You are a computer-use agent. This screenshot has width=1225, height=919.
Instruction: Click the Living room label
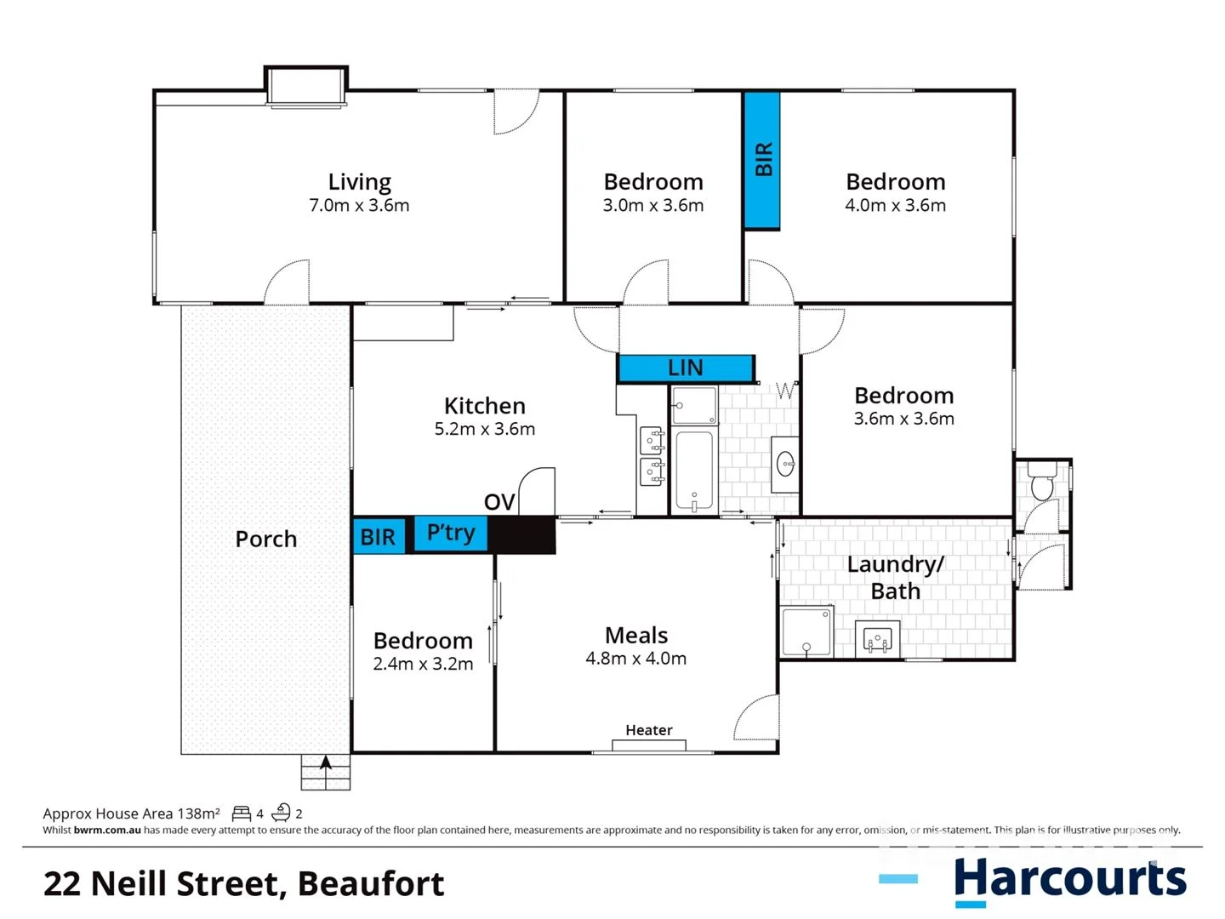[x=359, y=182]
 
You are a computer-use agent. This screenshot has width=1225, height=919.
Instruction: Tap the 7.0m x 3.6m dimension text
[x=359, y=206]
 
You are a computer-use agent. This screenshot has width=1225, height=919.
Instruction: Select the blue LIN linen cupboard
[x=685, y=368]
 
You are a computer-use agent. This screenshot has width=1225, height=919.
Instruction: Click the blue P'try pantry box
[x=450, y=534]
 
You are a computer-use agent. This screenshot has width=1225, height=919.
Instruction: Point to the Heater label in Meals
[x=648, y=730]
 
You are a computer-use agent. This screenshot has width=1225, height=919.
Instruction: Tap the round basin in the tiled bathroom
[x=786, y=465]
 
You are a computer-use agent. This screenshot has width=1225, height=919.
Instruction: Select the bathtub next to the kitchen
[x=694, y=470]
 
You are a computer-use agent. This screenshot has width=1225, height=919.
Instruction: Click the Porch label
[x=265, y=539]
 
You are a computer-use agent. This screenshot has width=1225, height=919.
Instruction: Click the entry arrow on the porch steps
[x=325, y=763]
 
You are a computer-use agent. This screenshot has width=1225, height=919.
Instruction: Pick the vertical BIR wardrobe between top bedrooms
[x=763, y=160]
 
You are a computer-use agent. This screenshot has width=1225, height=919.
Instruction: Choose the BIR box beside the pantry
[x=378, y=537]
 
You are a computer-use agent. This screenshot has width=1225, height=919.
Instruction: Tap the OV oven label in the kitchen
[x=499, y=502]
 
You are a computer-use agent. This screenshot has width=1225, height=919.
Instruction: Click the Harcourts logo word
[x=1069, y=879]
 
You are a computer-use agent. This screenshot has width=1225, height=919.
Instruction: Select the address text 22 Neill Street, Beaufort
[x=243, y=884]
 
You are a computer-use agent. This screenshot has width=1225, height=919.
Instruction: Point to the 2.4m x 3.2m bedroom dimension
[x=423, y=665]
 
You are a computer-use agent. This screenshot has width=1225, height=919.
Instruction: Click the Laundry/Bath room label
[x=896, y=577]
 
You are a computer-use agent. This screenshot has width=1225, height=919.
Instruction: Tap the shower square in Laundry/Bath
[x=806, y=632]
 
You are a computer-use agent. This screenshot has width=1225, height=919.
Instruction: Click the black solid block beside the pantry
[x=521, y=535]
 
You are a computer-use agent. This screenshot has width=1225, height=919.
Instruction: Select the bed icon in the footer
[x=242, y=813]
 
